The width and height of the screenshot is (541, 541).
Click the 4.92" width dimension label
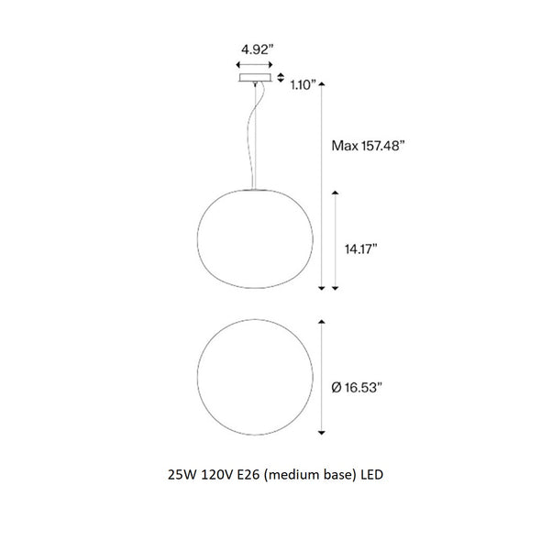258,50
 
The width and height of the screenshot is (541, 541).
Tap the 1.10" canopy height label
304,85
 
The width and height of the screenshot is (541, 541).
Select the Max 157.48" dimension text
368,146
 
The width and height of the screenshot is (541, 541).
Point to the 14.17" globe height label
361,248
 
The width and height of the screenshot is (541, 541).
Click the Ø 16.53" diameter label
357,388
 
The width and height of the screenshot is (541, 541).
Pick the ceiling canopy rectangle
255,78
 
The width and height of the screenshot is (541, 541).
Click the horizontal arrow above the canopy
255,65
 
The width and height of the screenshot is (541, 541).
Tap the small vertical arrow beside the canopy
281,78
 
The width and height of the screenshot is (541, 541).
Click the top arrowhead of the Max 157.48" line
322,83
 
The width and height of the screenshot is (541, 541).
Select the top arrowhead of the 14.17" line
335,193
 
